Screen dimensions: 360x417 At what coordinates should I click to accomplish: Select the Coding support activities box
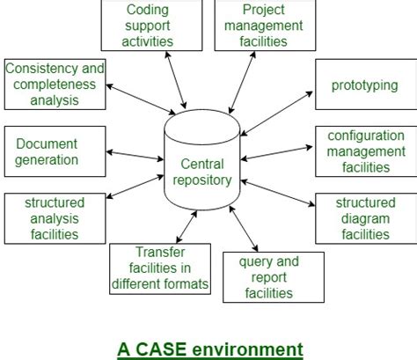click(148, 26)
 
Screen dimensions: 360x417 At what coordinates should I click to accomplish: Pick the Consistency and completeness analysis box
click(54, 84)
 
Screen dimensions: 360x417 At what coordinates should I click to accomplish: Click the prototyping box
click(364, 86)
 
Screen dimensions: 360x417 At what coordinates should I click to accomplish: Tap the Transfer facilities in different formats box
click(160, 269)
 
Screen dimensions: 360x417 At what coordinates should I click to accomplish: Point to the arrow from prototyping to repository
click(276, 114)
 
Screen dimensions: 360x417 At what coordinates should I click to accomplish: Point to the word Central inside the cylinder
click(202, 163)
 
